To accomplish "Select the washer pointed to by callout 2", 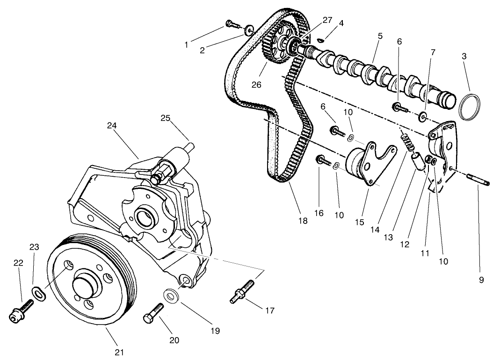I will [x=249, y=31].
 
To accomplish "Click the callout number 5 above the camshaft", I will [x=380, y=36].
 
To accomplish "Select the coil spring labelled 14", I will [x=407, y=142].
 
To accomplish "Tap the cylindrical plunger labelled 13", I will [x=418, y=162].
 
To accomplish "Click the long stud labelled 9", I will [x=478, y=180].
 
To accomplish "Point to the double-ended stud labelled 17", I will [x=242, y=292].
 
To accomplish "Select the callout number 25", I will [x=165, y=118].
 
